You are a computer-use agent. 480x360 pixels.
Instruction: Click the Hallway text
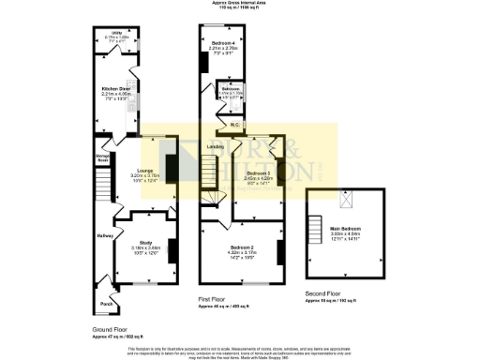(104, 235)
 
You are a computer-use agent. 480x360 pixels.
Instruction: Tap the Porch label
(105, 303)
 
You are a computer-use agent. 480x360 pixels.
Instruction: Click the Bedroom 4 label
(222, 44)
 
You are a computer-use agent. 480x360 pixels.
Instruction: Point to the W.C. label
(237, 124)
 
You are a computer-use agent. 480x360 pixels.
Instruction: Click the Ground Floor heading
(112, 330)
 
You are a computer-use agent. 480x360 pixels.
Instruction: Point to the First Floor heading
(215, 298)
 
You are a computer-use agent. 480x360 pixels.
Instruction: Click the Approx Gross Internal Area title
(240, 4)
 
